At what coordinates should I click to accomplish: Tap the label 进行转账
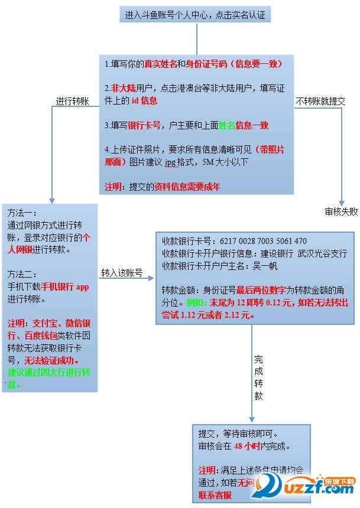tap(72, 101)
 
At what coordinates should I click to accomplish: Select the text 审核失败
tap(341, 211)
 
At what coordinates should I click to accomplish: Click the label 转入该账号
tap(122, 272)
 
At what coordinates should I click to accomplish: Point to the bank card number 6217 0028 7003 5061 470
tap(263, 241)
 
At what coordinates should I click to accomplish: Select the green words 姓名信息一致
tap(244, 125)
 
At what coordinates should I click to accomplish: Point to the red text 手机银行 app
tap(64, 286)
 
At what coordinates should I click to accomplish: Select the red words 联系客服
tap(215, 495)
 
